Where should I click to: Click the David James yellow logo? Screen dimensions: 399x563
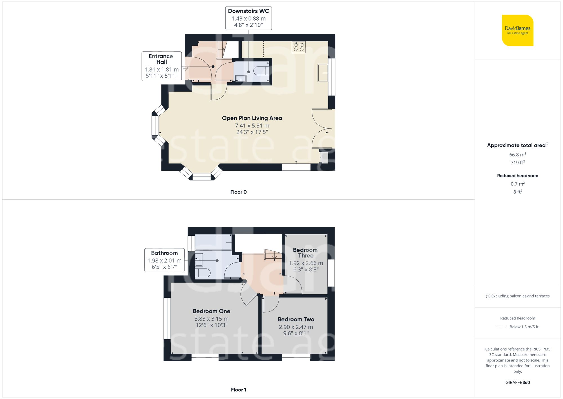(x=517, y=30)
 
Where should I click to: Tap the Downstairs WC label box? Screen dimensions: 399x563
(x=248, y=18)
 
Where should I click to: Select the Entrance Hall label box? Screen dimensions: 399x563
(x=162, y=66)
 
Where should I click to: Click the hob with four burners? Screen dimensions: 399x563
(x=299, y=47)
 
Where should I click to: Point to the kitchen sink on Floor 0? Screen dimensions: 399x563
(x=323, y=73)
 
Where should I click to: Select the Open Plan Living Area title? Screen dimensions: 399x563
(x=252, y=118)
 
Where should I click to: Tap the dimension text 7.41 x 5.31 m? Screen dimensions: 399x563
(x=252, y=126)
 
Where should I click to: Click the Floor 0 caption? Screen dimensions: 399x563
(x=238, y=192)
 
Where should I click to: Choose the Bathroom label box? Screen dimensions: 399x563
(x=164, y=260)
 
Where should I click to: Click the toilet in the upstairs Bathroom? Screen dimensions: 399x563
(x=203, y=273)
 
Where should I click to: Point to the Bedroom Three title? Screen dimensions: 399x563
(x=305, y=253)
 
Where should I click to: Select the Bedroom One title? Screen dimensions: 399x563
(x=211, y=311)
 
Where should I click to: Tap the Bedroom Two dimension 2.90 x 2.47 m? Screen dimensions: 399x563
(x=296, y=327)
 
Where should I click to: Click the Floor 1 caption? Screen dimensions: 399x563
(x=238, y=390)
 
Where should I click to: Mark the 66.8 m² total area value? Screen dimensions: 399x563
(x=517, y=155)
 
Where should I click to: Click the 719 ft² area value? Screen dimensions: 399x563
(x=517, y=163)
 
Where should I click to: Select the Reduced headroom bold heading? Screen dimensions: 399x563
(x=517, y=176)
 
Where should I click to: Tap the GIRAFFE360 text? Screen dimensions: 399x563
(x=517, y=383)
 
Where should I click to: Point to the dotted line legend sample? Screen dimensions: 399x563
(x=502, y=327)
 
